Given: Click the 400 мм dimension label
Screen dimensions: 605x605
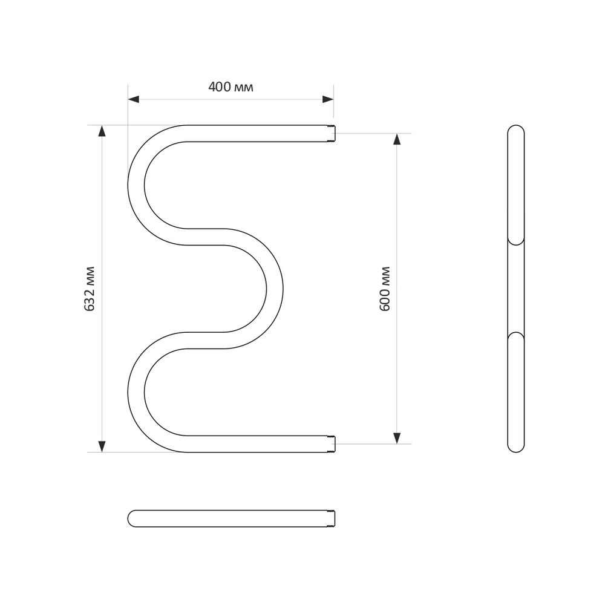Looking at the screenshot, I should pyautogui.click(x=231, y=87).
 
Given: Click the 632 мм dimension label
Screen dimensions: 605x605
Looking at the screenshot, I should pyautogui.click(x=90, y=289).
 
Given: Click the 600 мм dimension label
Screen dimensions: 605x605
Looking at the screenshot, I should pyautogui.click(x=385, y=289).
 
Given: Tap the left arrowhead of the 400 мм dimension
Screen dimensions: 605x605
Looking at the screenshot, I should pyautogui.click(x=134, y=99).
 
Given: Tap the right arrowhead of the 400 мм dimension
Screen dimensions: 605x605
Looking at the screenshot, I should pyautogui.click(x=328, y=99).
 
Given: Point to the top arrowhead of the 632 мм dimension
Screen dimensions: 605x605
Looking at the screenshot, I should pyautogui.click(x=102, y=131).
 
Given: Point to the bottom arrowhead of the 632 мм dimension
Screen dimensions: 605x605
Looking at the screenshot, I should pyautogui.click(x=102, y=446).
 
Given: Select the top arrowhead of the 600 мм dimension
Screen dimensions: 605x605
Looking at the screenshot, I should pyautogui.click(x=397, y=139).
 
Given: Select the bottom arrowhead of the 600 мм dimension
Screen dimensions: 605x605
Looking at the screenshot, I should pyautogui.click(x=397, y=437).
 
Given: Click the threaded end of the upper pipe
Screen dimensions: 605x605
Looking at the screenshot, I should pyautogui.click(x=331, y=133).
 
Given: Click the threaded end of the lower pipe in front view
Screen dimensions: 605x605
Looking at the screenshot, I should pyautogui.click(x=331, y=444).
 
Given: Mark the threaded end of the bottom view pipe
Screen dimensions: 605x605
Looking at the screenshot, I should pyautogui.click(x=331, y=518).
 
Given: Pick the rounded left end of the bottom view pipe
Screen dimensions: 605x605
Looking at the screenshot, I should pyautogui.click(x=132, y=518).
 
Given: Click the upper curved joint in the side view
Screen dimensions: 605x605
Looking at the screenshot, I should pyautogui.click(x=516, y=241).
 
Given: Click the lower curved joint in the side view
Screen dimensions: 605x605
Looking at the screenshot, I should pyautogui.click(x=516, y=335).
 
